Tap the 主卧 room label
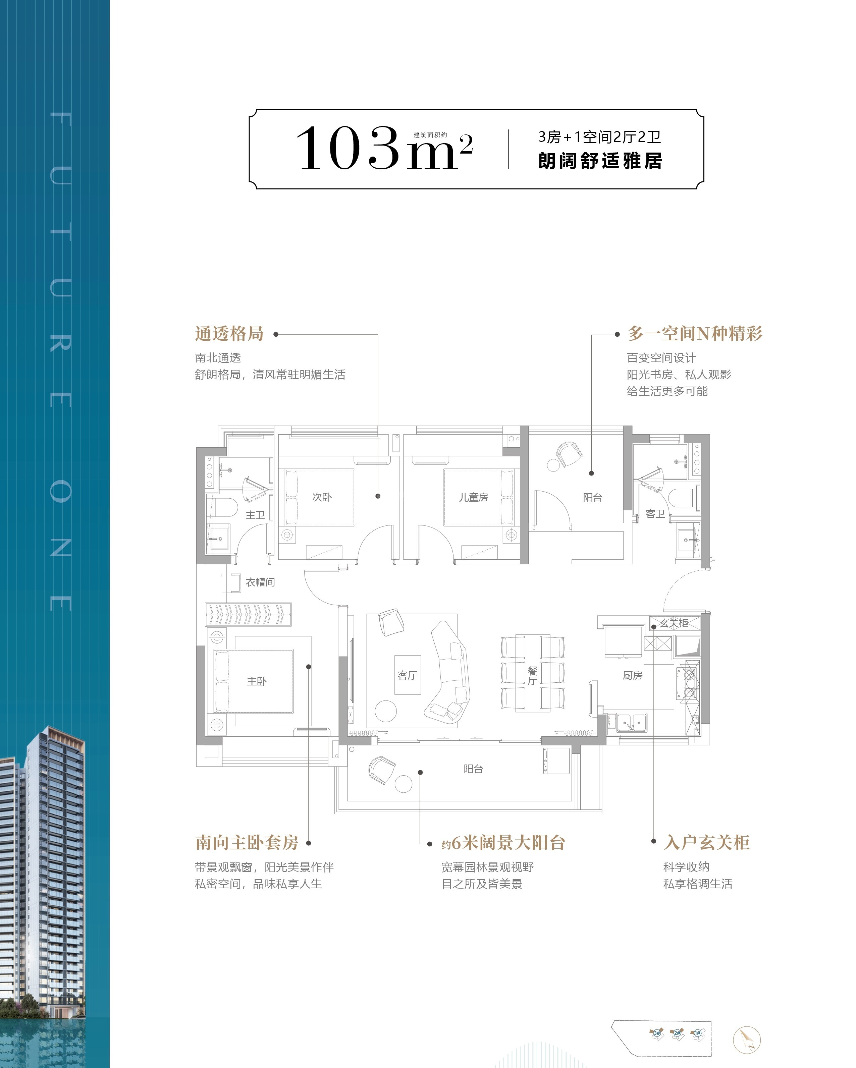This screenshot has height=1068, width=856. point(257,681)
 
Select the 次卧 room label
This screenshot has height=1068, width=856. point(321,497)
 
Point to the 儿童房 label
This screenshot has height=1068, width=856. point(474,497)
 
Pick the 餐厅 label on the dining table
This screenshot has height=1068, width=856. point(533,675)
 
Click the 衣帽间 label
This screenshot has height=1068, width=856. point(260,582)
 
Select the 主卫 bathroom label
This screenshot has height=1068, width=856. point(255,515)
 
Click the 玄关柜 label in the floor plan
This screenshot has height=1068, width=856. point(674,623)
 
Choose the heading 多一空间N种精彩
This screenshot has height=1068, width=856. point(695,333)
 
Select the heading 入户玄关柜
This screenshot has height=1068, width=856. point(707,842)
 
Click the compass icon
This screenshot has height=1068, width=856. point(747,1039)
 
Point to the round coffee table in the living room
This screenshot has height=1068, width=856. point(386,711)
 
